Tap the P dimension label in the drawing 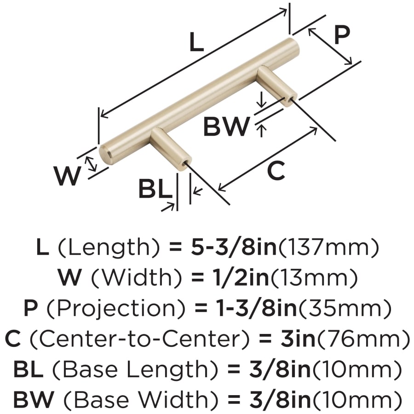(342, 35)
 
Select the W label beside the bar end (67, 176)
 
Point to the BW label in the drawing (226, 126)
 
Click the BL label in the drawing (155, 189)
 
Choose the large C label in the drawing (276, 171)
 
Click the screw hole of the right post (290, 100)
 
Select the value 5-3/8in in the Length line (233, 247)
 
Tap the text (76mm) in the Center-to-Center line (363, 339)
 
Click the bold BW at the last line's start (34, 399)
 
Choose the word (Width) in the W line (137, 278)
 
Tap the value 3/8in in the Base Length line (280, 369)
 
